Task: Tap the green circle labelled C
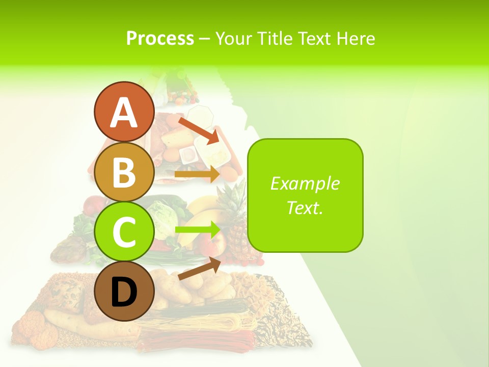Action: tap(124, 232)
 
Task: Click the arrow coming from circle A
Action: tap(199, 130)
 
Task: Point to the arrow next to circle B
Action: tap(197, 174)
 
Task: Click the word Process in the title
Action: tap(160, 38)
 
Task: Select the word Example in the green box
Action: tap(305, 183)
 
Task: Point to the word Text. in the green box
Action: tap(305, 207)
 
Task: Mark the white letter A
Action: tap(124, 113)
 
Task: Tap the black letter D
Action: tap(124, 293)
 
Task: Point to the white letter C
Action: tap(124, 232)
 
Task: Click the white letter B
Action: tap(124, 172)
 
